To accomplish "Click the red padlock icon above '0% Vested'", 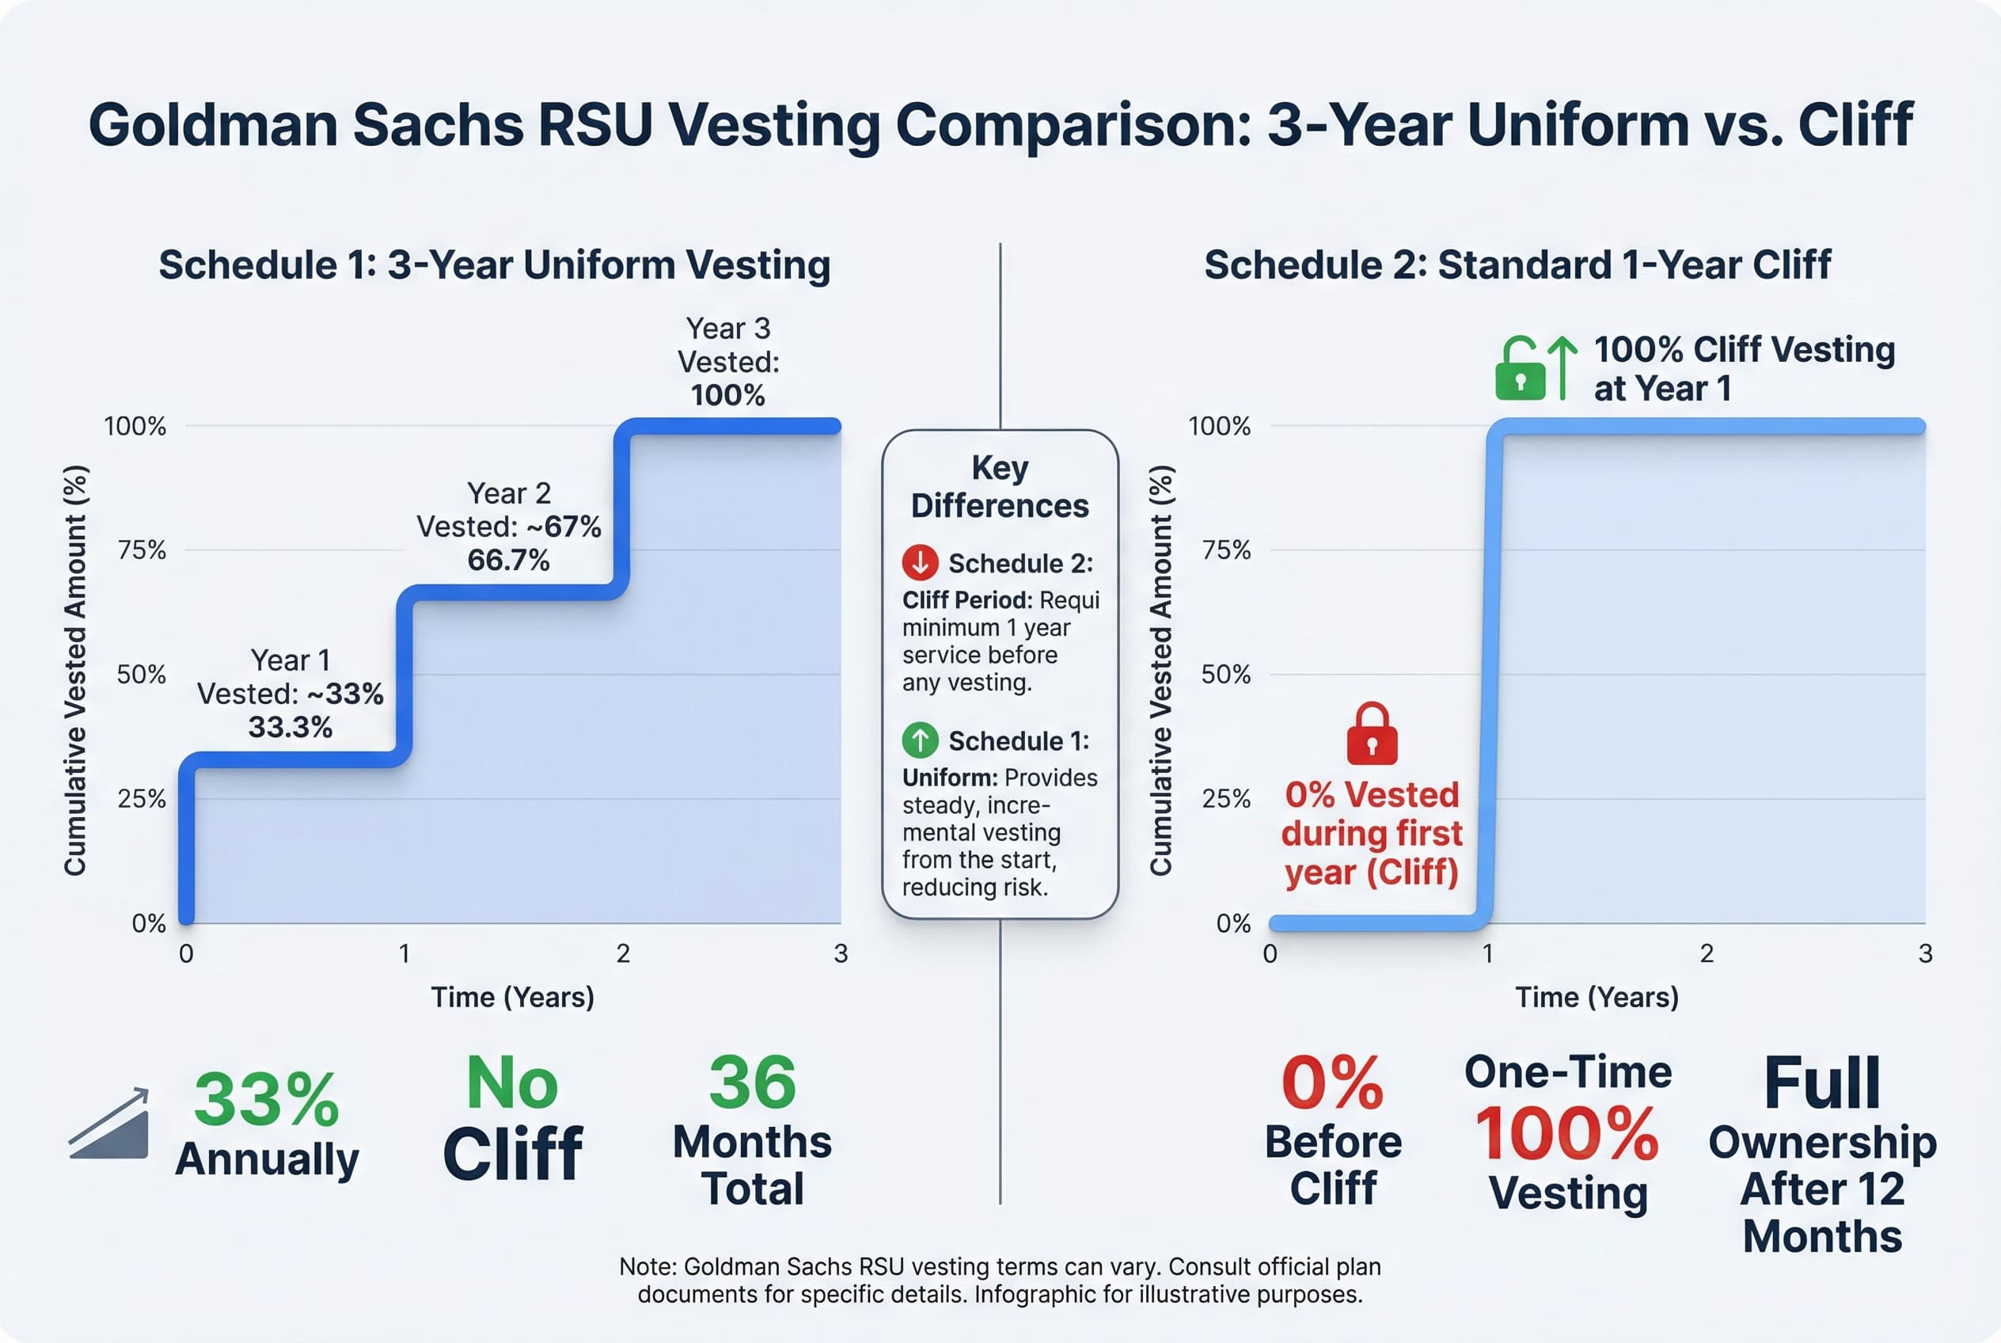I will pos(1372,734).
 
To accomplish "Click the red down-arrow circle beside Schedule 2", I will pos(921,563).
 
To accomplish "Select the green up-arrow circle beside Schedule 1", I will pos(921,740).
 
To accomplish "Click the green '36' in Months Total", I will pos(752,1082).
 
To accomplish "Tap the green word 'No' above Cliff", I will pos(512,1083).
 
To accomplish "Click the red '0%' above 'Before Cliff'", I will pos(1332,1083).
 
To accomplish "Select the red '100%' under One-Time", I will pos(1567,1134).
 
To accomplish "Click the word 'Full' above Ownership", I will pos(1822,1083).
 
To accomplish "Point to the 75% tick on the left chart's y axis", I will pos(141,550).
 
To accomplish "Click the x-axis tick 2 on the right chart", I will pos(1707,953).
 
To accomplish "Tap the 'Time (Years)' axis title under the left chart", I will pos(512,997).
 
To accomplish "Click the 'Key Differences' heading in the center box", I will pos(999,486).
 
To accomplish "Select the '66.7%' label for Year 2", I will pos(509,560).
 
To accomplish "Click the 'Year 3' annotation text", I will pos(727,328).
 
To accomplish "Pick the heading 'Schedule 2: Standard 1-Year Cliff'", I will pos(1517,264).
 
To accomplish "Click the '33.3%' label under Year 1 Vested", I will pos(290,727).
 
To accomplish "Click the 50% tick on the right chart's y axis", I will pos(1225,674).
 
